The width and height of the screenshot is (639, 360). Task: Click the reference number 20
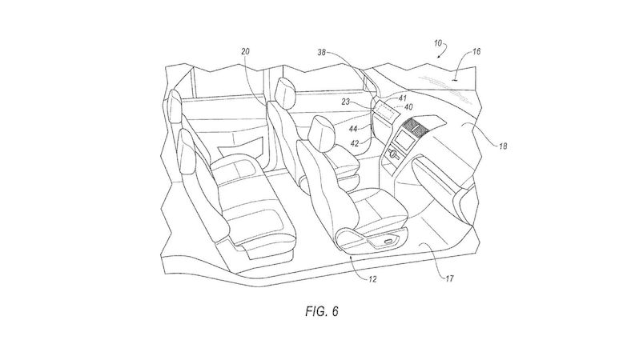[245, 52]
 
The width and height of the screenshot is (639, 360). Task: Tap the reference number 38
[323, 52]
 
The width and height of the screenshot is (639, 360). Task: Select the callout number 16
[476, 51]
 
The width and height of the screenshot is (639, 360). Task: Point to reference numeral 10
[438, 42]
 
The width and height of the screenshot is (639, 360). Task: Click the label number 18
[503, 146]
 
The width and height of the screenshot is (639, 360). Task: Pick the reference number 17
[449, 278]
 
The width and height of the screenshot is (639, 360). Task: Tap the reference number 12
[372, 279]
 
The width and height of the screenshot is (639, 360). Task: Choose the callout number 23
[346, 102]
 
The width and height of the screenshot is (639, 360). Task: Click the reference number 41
[403, 98]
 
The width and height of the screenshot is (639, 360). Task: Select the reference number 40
[408, 107]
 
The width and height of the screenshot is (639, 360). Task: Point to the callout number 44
[353, 129]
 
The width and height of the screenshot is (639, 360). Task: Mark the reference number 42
[355, 143]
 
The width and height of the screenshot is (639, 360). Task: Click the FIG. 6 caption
[322, 311]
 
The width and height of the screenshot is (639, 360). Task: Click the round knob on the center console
[394, 154]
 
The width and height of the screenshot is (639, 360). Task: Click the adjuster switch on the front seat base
[388, 242]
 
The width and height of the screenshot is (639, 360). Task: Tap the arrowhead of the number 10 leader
[439, 58]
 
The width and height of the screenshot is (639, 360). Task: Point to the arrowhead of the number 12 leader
[352, 256]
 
